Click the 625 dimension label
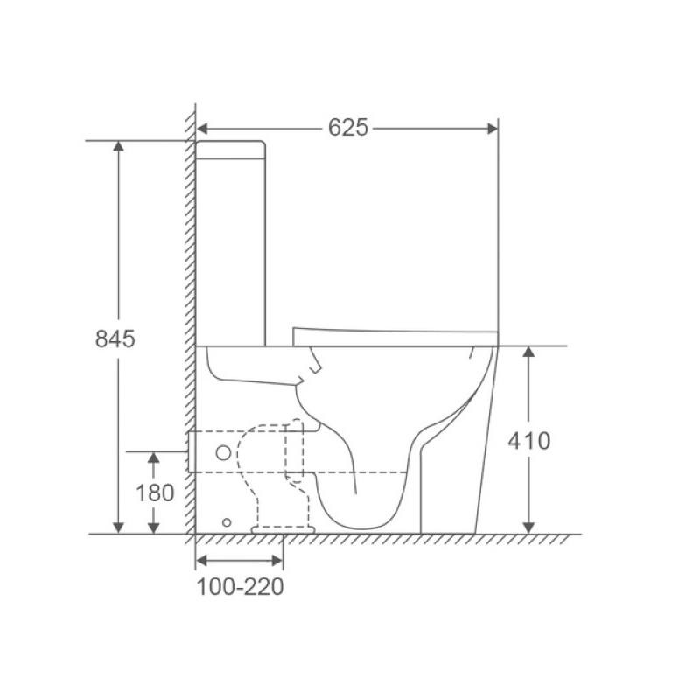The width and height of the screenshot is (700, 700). (347, 128)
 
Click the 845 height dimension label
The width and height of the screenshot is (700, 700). (115, 339)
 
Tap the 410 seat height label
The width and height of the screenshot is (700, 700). (529, 441)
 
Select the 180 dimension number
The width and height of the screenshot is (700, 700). (155, 493)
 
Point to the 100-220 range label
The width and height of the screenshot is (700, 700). (240, 587)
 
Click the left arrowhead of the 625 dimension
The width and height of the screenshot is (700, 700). (202, 129)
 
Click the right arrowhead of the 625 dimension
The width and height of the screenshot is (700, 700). (493, 129)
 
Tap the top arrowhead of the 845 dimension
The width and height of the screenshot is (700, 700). (118, 146)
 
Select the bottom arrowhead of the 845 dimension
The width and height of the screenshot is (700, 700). (118, 528)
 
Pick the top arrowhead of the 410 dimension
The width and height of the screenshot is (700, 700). (528, 352)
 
